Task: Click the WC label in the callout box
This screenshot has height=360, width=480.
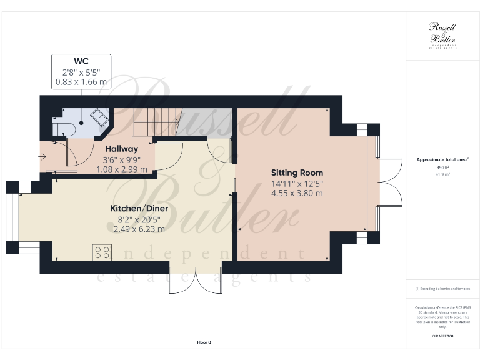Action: click(81, 61)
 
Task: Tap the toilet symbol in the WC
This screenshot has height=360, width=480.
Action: click(64, 129)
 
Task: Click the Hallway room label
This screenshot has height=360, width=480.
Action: click(121, 149)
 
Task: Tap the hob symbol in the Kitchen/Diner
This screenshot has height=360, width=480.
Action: click(102, 252)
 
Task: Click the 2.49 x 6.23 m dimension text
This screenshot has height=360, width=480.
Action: click(139, 229)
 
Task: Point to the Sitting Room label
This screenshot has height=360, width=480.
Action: click(297, 172)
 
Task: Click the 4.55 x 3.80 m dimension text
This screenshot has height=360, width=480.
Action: click(297, 193)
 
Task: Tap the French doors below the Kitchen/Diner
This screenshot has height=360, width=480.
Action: click(195, 283)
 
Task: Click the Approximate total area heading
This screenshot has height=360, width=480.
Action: click(442, 160)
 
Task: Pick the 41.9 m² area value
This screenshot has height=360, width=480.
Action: click(442, 175)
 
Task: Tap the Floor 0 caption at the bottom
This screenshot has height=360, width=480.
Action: click(204, 342)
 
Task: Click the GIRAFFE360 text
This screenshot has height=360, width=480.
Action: click(442, 336)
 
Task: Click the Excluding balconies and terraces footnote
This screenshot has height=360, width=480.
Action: click(442, 289)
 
